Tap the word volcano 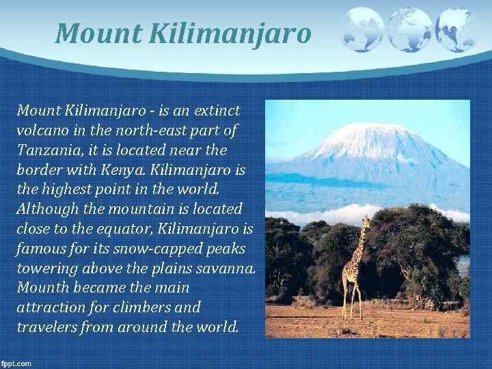click(43, 130)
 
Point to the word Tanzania click(46, 150)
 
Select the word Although click(46, 208)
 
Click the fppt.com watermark click(16, 364)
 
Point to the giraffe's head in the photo click(366, 222)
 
